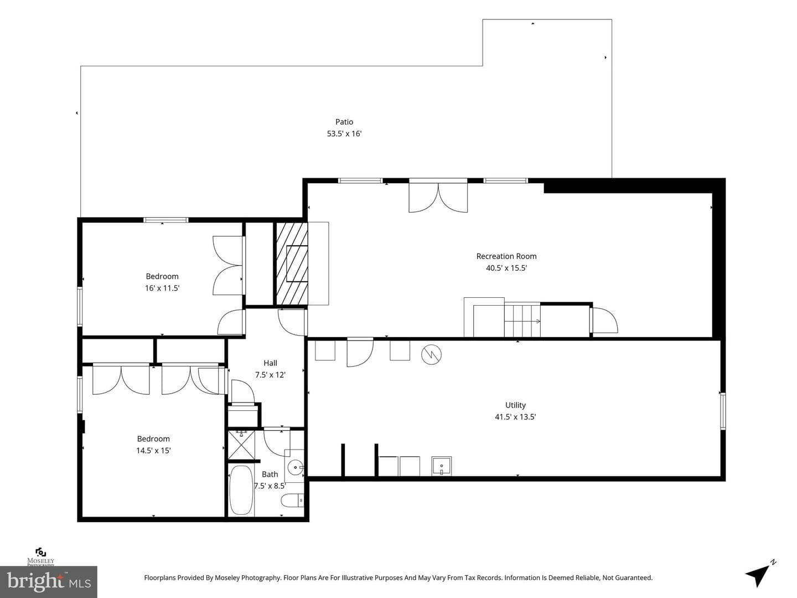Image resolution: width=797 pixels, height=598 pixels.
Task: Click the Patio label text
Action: [x=344, y=122]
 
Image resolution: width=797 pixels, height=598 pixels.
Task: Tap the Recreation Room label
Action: [x=506, y=256]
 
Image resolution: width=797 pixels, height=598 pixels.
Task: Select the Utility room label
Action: [x=515, y=405]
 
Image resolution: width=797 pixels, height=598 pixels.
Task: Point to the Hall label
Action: [x=270, y=363]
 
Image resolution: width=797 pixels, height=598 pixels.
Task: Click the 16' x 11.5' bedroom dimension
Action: [x=162, y=288]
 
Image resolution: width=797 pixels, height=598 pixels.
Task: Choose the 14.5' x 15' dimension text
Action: [x=153, y=451]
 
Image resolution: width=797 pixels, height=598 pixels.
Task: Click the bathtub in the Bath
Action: [x=241, y=489]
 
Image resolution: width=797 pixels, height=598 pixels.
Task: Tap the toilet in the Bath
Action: [x=292, y=501]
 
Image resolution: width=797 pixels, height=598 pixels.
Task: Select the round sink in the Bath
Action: [x=295, y=467]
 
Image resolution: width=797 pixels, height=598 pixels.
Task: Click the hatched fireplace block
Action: [x=292, y=263]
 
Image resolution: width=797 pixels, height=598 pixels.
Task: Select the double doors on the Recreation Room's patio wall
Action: [x=438, y=197]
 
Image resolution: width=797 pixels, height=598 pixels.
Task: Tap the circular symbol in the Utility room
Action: [x=431, y=354]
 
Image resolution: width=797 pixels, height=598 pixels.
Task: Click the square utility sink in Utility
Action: [x=442, y=466]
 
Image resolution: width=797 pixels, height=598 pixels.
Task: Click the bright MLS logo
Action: [x=49, y=582]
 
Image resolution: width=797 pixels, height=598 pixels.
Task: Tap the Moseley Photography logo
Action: [x=40, y=557]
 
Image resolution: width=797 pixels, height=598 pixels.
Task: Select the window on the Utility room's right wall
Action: [x=723, y=411]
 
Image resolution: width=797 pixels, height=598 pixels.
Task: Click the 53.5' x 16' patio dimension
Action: [x=344, y=133]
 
